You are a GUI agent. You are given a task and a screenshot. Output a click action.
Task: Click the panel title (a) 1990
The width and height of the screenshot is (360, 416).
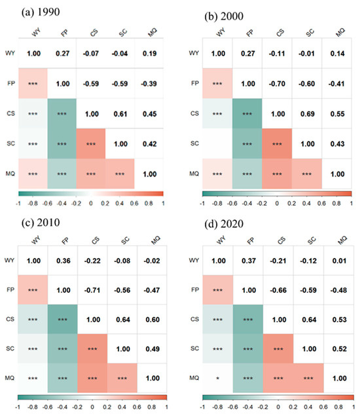31,11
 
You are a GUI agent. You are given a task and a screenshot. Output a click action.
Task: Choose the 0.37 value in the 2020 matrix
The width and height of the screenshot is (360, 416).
248,260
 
